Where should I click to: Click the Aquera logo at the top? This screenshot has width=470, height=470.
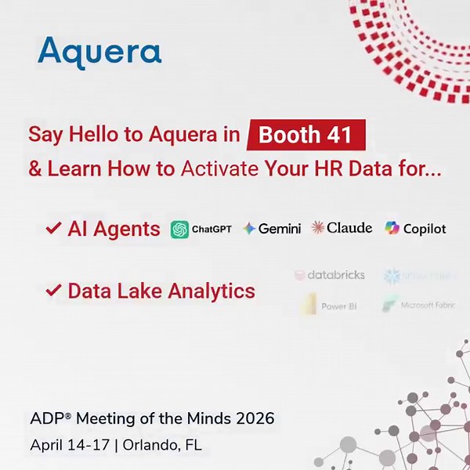click(x=99, y=52)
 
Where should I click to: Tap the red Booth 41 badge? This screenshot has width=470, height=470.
click(x=305, y=135)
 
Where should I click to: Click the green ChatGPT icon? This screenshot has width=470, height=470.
click(x=179, y=229)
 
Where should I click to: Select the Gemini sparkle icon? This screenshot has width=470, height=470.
click(x=249, y=229)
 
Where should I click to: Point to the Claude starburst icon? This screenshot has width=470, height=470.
click(x=318, y=228)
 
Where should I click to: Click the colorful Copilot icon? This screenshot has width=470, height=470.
click(x=392, y=229)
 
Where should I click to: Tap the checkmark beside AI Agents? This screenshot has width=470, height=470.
click(x=53, y=229)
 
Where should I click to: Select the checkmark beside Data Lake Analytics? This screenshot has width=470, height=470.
click(x=53, y=291)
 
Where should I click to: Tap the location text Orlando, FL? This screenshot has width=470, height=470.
click(x=161, y=445)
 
